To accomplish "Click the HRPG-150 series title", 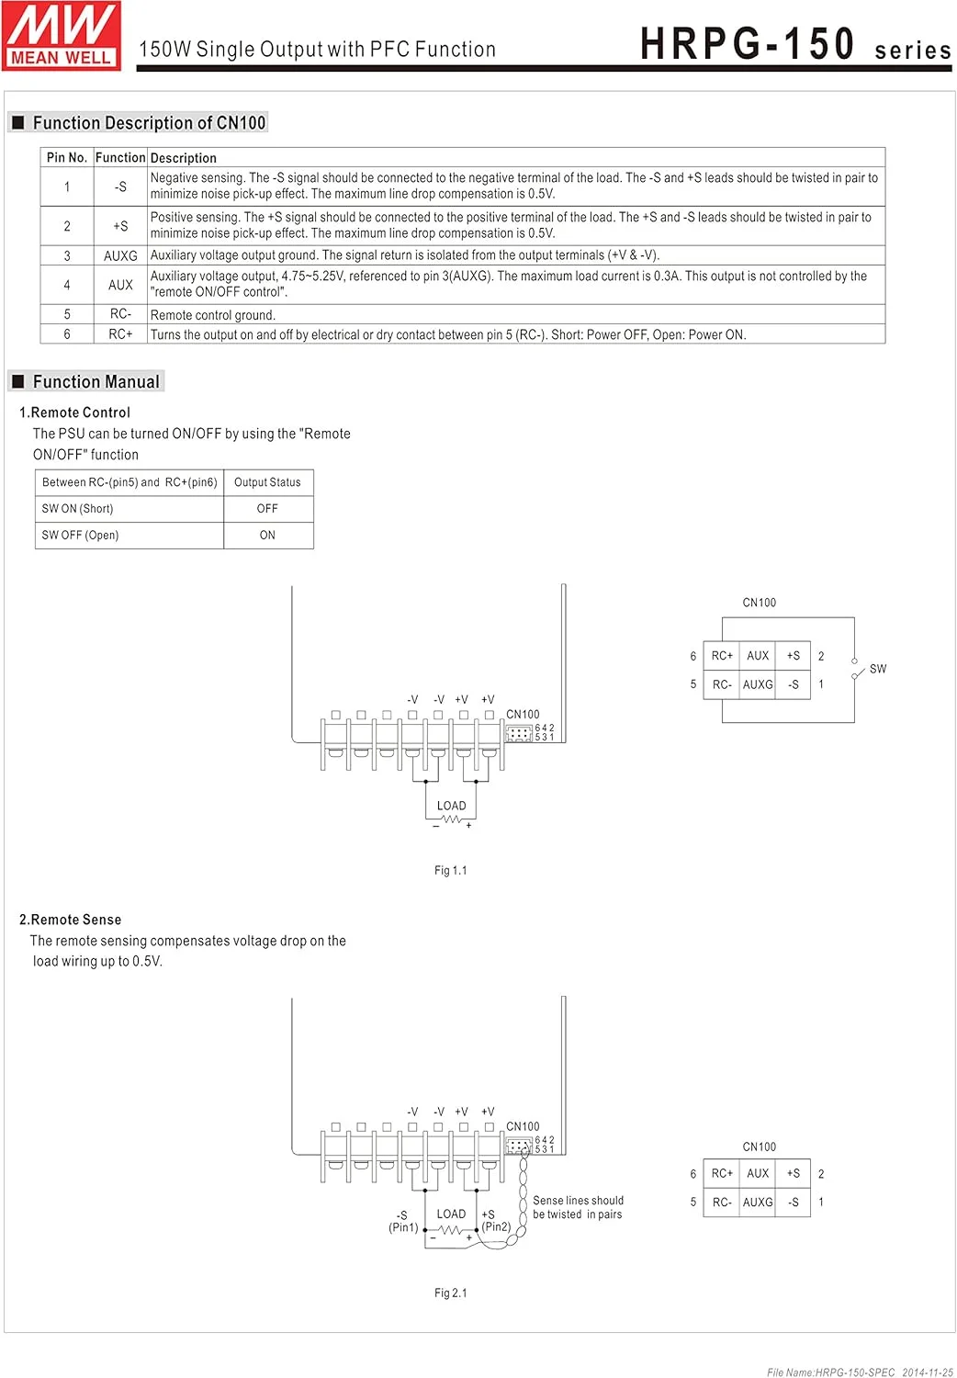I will (794, 45).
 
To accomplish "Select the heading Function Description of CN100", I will (148, 123).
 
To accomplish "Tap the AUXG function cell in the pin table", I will (120, 256).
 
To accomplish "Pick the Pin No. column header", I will (67, 158).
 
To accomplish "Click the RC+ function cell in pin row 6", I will (120, 334).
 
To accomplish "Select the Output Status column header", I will (267, 482).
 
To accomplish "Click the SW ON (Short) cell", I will (78, 509).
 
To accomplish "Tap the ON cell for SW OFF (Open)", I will (267, 536).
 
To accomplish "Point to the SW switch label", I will (878, 669).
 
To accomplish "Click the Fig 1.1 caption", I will (450, 871).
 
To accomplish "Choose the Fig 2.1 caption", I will (450, 1293).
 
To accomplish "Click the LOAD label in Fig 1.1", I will (451, 806).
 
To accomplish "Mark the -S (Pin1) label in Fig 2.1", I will (402, 1221).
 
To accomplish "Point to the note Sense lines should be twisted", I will (578, 1207).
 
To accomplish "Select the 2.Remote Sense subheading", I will (70, 920).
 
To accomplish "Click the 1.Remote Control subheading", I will (74, 412).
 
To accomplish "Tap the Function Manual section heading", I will (96, 382).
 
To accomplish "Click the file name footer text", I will (860, 1372).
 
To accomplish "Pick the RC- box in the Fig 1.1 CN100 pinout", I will (722, 684).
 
